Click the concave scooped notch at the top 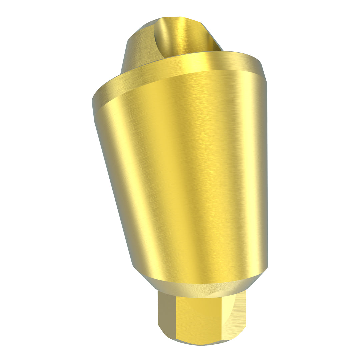click(x=182, y=35)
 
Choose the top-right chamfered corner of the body click(x=263, y=72)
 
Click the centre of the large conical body click(x=187, y=173)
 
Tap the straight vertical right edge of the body click(x=267, y=173)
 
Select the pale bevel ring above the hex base click(x=200, y=288)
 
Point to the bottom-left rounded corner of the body click(x=135, y=267)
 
